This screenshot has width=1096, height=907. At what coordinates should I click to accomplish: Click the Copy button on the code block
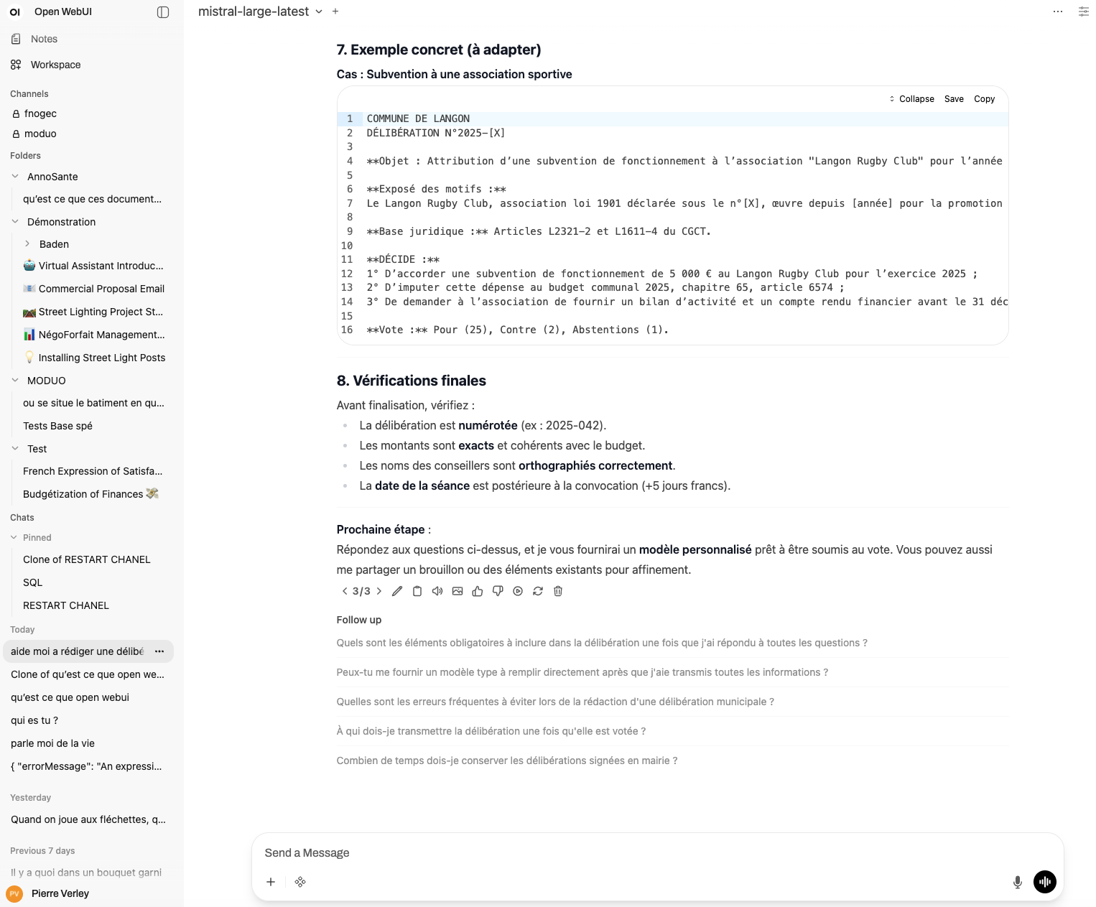984,99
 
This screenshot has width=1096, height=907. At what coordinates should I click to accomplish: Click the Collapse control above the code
912,99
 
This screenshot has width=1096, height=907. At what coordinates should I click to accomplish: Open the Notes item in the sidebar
44,39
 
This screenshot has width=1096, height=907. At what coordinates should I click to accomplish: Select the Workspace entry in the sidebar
55,65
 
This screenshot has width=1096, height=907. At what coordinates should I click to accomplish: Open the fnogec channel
40,113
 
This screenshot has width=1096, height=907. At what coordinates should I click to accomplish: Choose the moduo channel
40,134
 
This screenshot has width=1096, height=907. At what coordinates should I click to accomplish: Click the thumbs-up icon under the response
478,591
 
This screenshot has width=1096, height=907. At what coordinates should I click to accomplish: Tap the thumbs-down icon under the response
498,591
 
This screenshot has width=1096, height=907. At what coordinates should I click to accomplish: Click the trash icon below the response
558,591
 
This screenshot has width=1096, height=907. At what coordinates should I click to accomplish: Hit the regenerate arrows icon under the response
538,591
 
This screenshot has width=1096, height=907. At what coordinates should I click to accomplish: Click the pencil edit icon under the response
397,591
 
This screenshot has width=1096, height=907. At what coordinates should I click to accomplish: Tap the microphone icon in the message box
1017,882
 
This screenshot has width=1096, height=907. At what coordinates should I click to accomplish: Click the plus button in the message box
271,882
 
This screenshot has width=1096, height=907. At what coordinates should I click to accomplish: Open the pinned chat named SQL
32,582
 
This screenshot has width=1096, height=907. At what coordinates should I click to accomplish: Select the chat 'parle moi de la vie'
52,743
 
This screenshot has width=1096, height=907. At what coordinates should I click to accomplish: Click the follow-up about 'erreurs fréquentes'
554,702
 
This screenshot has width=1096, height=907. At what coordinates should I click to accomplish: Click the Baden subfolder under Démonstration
54,244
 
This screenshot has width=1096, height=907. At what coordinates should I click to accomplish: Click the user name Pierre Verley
60,893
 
